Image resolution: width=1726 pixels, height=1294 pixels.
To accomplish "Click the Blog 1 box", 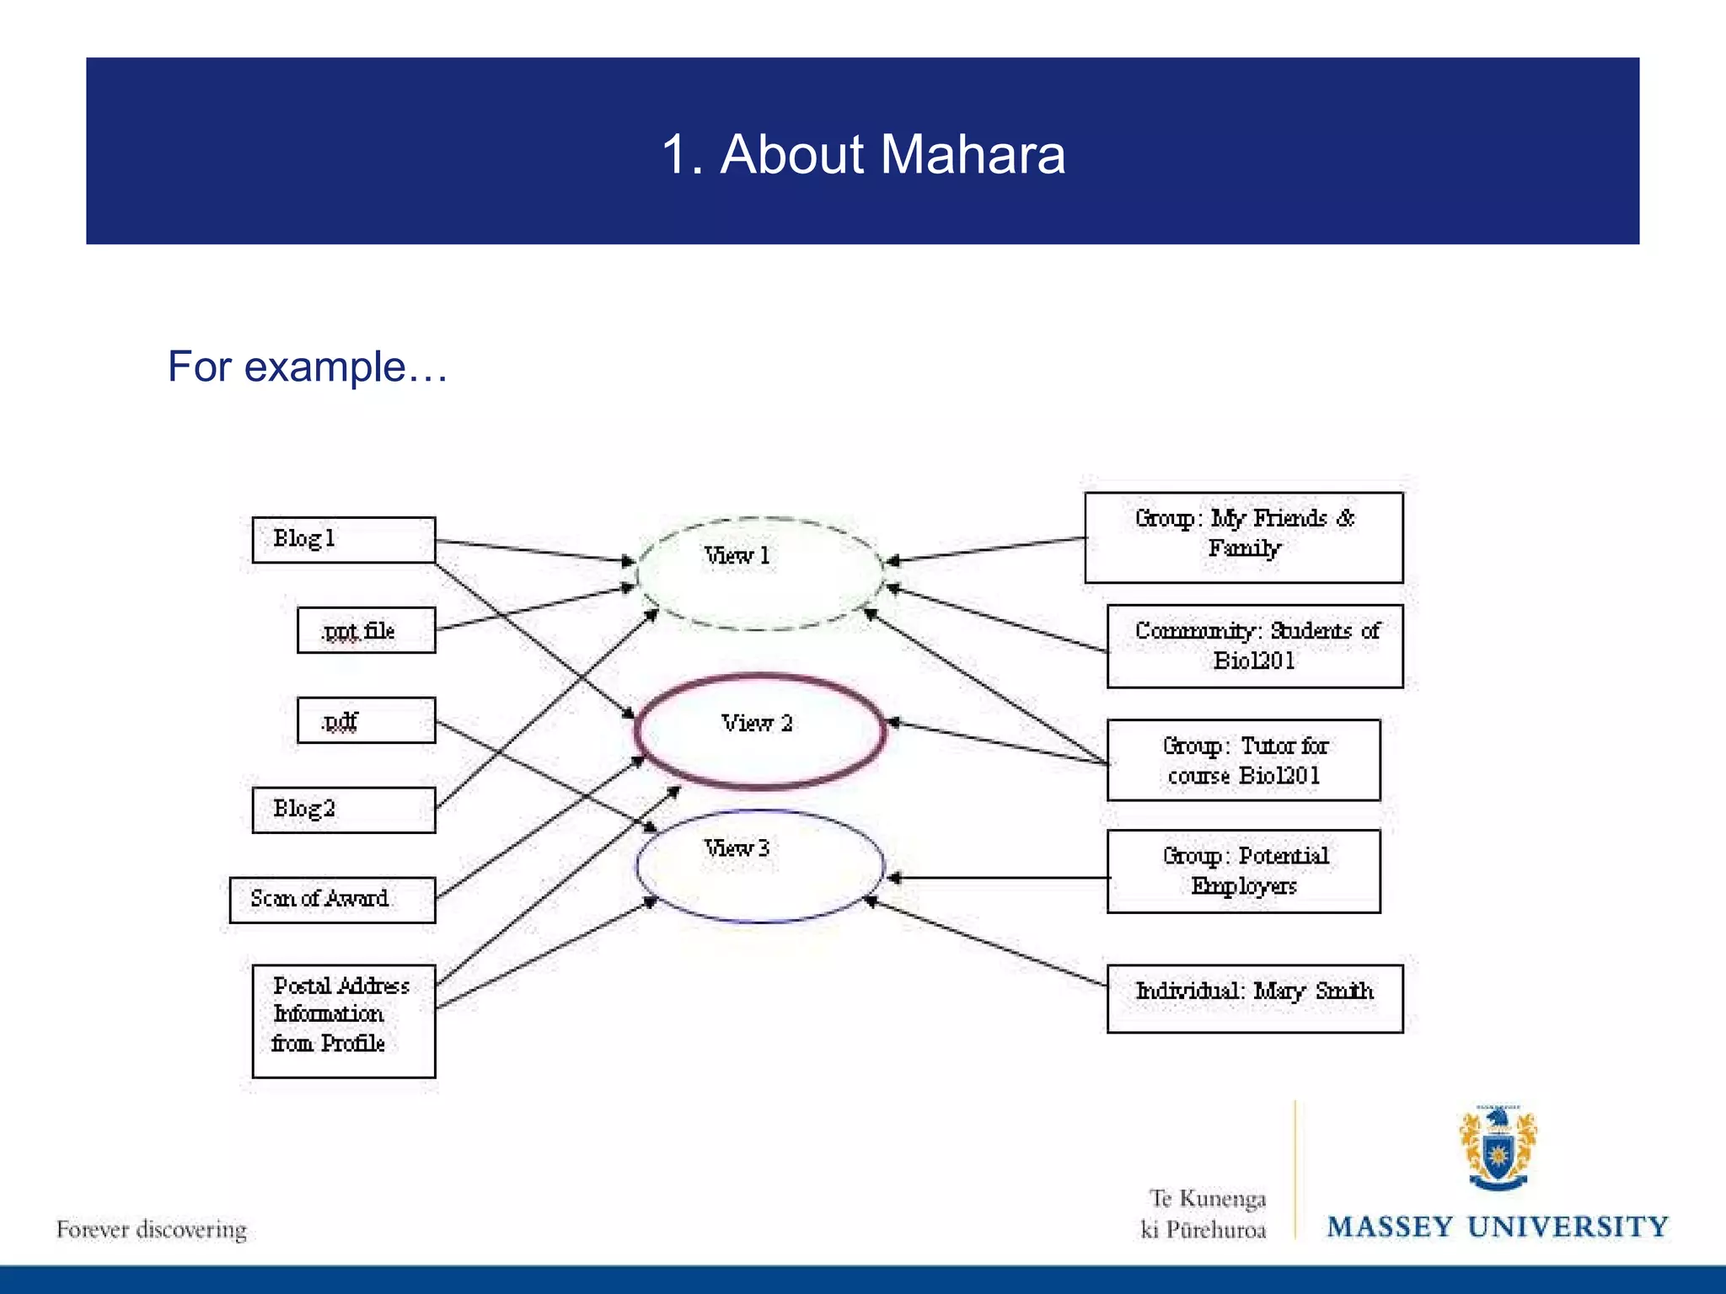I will tap(344, 540).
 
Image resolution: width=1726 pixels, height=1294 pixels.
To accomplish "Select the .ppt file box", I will tap(367, 630).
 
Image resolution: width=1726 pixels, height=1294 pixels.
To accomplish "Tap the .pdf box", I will tap(367, 720).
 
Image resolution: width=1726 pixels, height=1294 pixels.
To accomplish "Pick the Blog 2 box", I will tap(344, 810).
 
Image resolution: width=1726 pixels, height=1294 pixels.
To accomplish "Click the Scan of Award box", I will tap(332, 900).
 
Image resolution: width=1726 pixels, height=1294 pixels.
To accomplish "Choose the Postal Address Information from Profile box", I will tap(344, 1020).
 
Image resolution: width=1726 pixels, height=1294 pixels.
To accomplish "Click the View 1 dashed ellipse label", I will tap(737, 556).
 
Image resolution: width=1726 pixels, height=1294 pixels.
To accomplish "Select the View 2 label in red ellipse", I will tap(757, 724).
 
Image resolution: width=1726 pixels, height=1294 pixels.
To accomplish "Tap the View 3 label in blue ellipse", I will tap(737, 848).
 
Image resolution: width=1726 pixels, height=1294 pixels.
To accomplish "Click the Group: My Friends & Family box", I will tap(1244, 537).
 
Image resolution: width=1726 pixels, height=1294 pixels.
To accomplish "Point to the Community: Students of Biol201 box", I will tap(1255, 646).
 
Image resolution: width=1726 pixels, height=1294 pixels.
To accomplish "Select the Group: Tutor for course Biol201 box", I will tap(1244, 760).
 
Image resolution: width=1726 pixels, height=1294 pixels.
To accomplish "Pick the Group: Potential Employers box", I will tap(1244, 871).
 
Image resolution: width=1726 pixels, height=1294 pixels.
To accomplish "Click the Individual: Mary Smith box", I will tap(1255, 997).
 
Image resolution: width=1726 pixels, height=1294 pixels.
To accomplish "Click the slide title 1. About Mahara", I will tap(863, 154).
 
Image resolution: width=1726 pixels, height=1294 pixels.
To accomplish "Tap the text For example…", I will tap(308, 366).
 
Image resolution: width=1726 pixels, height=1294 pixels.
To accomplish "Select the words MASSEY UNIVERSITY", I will tap(1498, 1227).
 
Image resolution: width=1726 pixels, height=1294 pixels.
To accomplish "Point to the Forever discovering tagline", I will tap(152, 1230).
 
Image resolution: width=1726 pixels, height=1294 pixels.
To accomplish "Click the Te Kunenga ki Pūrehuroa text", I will tap(1205, 1214).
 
